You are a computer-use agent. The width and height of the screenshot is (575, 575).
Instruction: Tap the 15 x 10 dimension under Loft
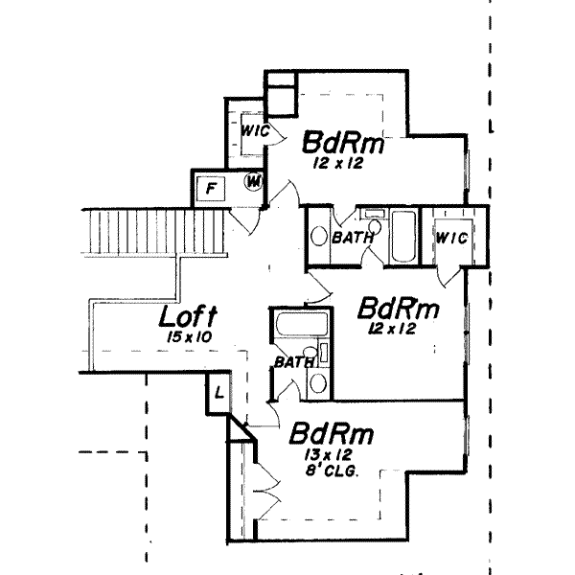188,337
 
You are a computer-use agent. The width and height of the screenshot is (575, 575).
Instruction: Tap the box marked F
210,189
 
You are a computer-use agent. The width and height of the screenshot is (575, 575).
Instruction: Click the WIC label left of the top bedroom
252,129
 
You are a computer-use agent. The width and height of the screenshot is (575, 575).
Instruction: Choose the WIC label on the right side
450,238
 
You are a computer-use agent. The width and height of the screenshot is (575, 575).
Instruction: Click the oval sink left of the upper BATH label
319,236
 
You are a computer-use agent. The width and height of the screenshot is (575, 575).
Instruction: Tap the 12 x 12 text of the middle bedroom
386,328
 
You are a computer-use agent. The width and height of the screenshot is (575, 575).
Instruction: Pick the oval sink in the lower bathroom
319,383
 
